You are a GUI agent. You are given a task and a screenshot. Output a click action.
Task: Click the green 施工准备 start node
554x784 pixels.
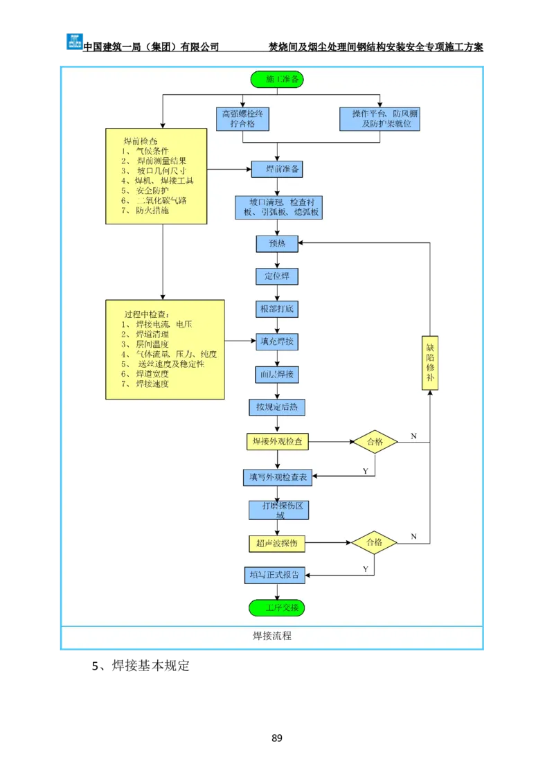[x=277, y=80]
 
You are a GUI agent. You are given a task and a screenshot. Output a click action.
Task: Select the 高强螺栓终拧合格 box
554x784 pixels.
[x=242, y=118]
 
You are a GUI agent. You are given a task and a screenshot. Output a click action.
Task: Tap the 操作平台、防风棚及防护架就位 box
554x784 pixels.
[x=380, y=118]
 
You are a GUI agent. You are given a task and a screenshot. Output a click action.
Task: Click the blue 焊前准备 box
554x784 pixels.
[x=276, y=169]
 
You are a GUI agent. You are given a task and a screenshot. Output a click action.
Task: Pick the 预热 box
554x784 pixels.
[x=277, y=243]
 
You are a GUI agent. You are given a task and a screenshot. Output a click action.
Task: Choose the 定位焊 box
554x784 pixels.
[x=277, y=276]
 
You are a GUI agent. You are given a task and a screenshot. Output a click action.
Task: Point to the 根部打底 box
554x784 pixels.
[x=277, y=309]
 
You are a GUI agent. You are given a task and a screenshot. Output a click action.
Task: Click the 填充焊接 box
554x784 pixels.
[x=277, y=341]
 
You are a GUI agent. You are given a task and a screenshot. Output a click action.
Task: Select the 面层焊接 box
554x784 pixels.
[x=277, y=375]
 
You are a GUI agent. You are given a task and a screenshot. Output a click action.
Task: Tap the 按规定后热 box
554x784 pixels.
[x=277, y=407]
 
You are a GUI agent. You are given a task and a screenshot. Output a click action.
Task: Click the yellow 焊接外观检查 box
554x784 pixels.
[x=277, y=441]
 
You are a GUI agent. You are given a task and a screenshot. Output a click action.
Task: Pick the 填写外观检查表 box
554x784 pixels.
[x=278, y=476]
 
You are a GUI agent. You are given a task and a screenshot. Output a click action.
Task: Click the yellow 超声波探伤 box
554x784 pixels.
[x=277, y=544]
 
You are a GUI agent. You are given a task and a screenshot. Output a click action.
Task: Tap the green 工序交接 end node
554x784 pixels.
[x=277, y=607]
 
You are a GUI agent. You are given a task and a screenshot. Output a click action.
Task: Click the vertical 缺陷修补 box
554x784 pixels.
[x=430, y=362]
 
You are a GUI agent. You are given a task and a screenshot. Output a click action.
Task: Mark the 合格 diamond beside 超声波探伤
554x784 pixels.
[x=374, y=543]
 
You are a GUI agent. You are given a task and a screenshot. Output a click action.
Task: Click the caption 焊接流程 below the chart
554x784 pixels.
[x=272, y=636]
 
